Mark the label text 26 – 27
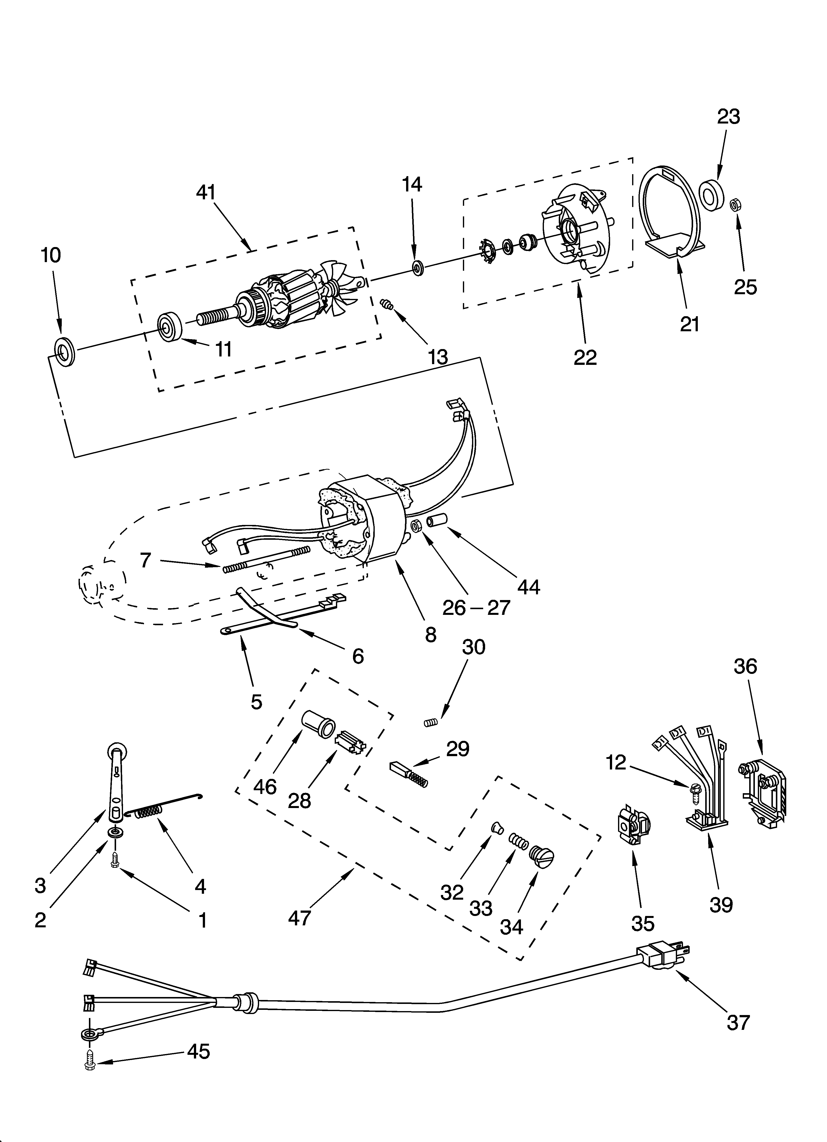point(476,608)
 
